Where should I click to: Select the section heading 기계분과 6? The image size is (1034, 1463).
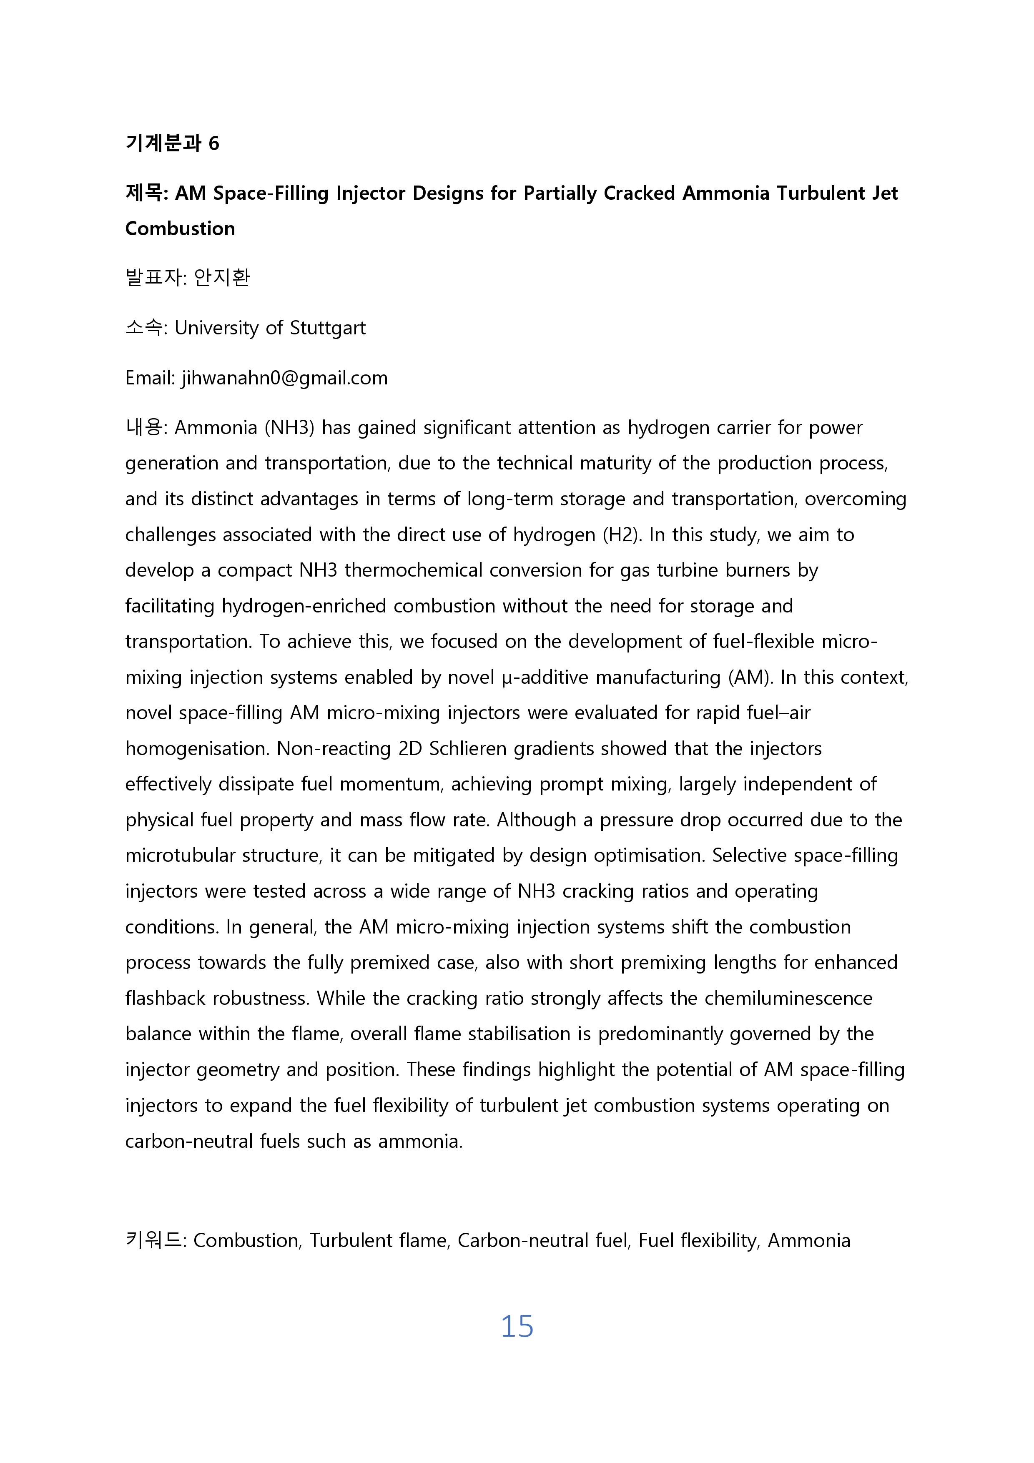pos(172,143)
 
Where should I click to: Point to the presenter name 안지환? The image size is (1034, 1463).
pos(222,277)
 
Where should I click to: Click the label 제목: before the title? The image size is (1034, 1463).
pos(146,193)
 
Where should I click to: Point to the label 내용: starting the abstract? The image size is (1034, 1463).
pos(146,427)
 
